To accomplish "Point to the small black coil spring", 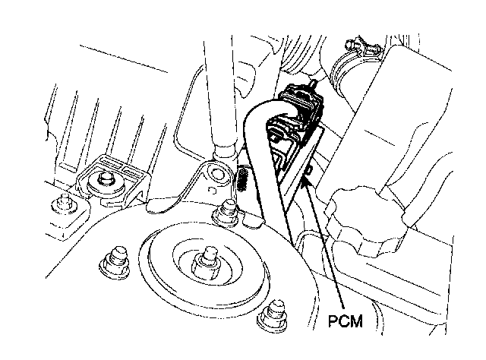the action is pos(244,180).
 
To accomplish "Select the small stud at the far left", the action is pos(60,204).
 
